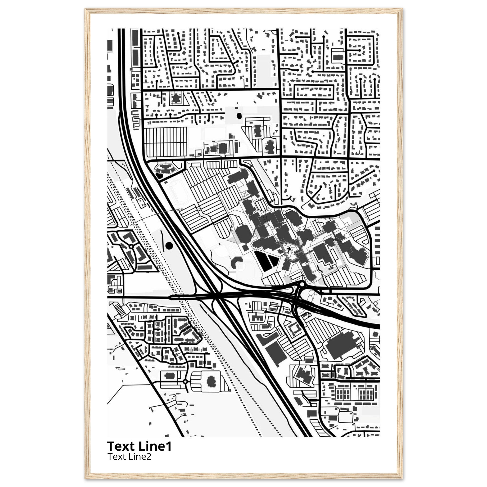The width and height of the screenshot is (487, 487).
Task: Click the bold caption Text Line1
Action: [139, 446]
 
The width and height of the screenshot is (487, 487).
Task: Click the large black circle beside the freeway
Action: [169, 245]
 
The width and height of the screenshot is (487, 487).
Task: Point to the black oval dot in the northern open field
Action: [239, 116]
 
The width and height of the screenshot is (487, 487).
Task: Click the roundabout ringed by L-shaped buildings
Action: [131, 246]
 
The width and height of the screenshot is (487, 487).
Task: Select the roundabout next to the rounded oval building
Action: [185, 382]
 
